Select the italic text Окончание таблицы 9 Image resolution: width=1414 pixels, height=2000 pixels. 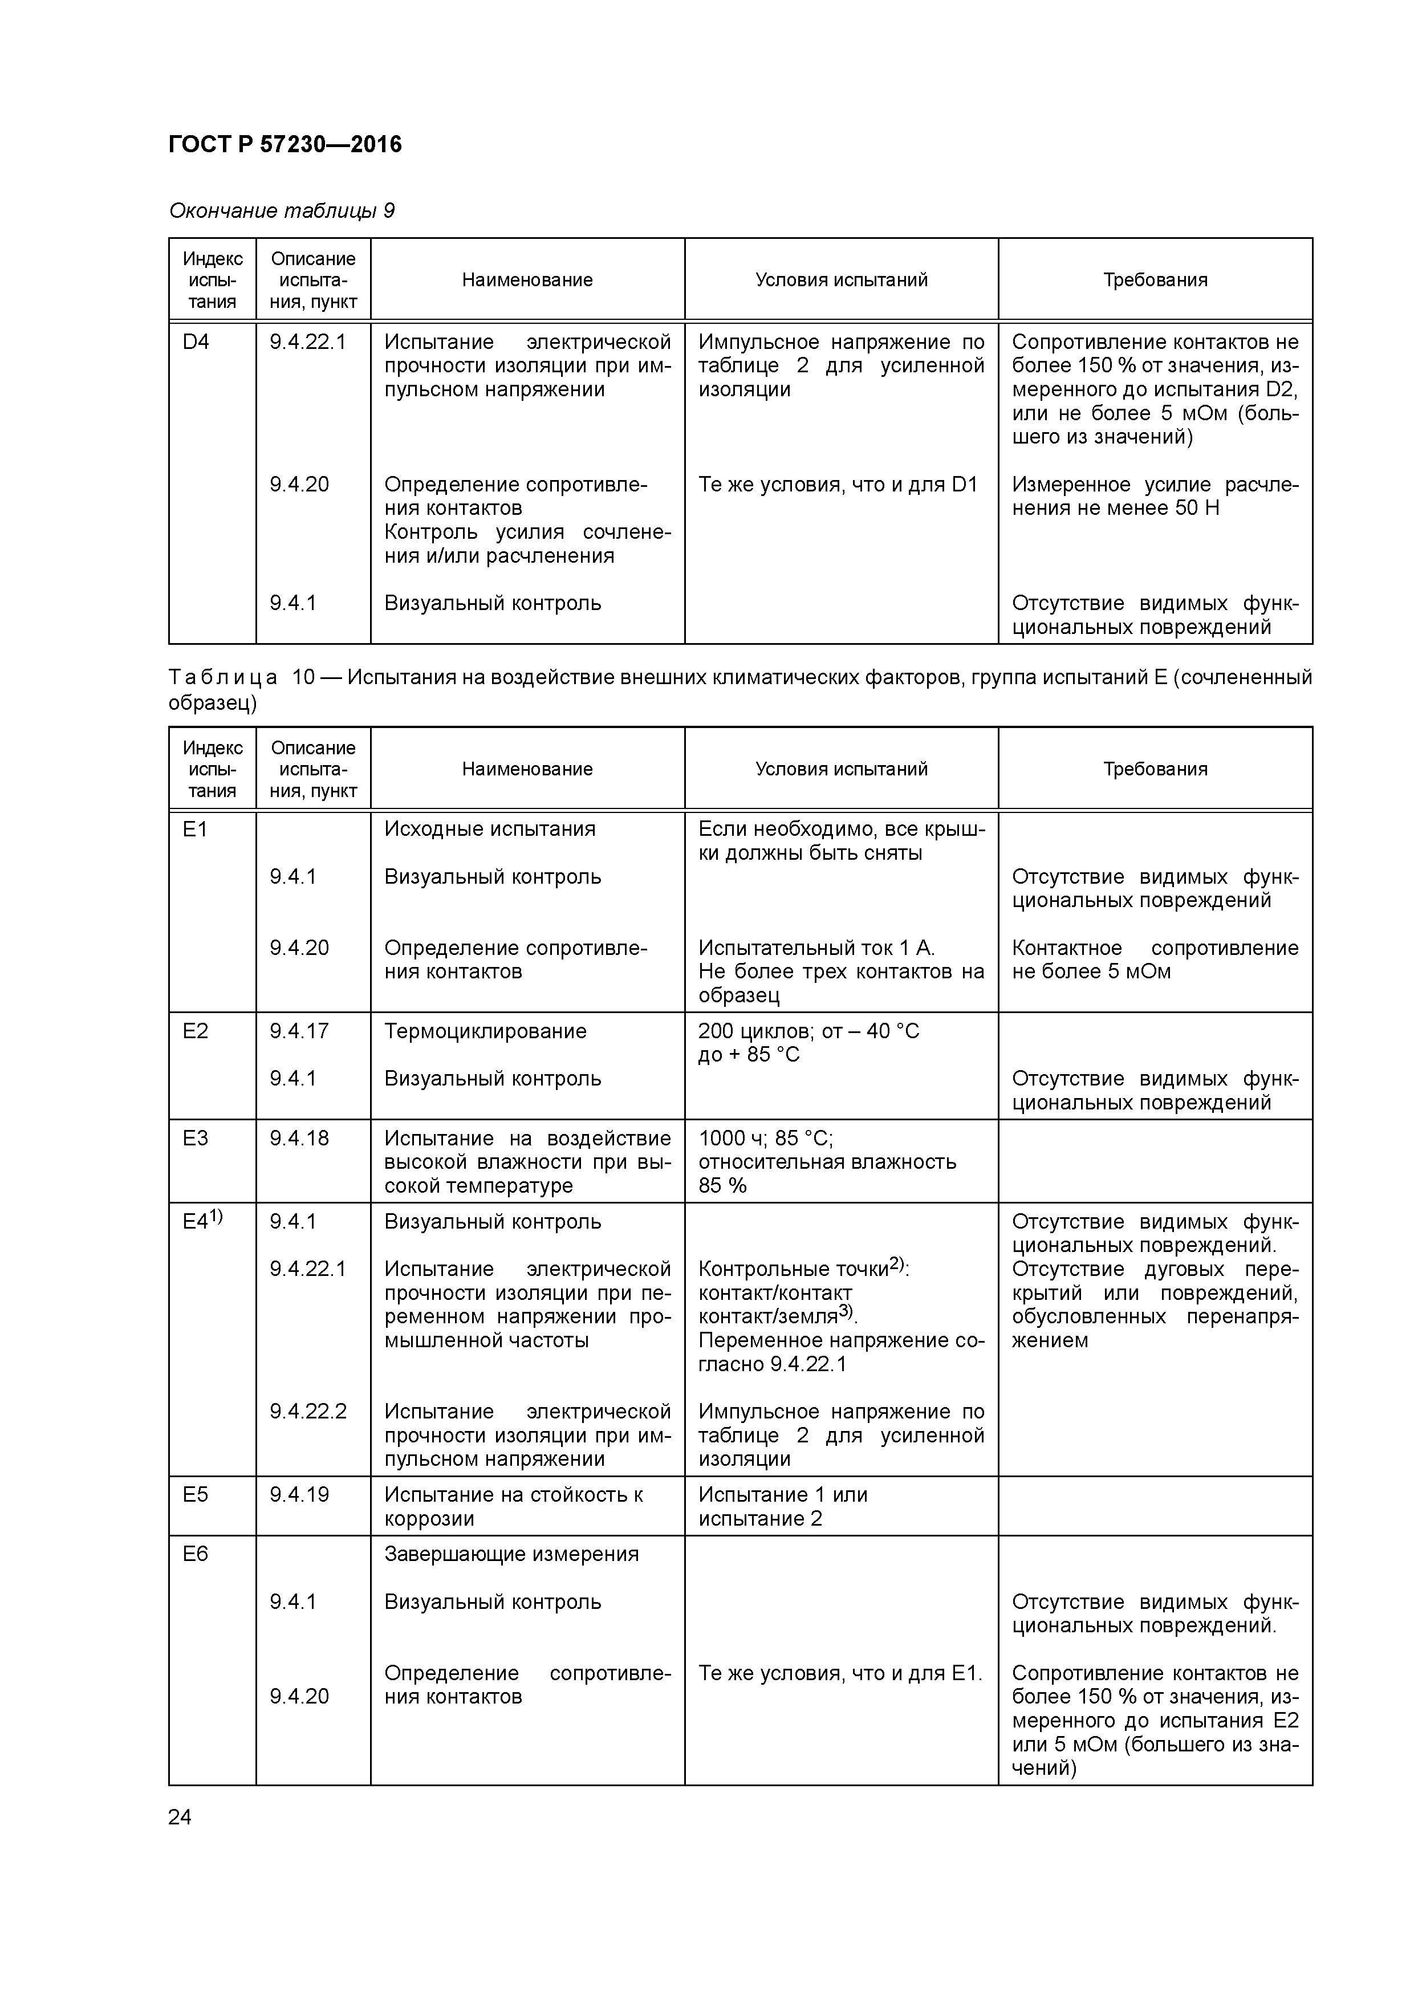pyautogui.click(x=282, y=211)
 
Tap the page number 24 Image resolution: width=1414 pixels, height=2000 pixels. pyautogui.click(x=180, y=1817)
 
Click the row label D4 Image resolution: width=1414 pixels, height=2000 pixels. pyautogui.click(x=196, y=342)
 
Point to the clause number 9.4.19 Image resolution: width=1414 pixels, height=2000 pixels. pyautogui.click(x=299, y=1495)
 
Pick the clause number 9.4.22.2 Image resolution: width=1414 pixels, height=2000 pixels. pyautogui.click(x=307, y=1411)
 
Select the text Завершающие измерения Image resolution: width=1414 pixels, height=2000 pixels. pyautogui.click(x=511, y=1554)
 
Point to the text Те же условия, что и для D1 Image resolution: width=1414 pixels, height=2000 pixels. pyautogui.click(x=838, y=484)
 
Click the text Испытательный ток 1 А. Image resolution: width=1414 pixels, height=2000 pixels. pyautogui.click(x=816, y=948)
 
